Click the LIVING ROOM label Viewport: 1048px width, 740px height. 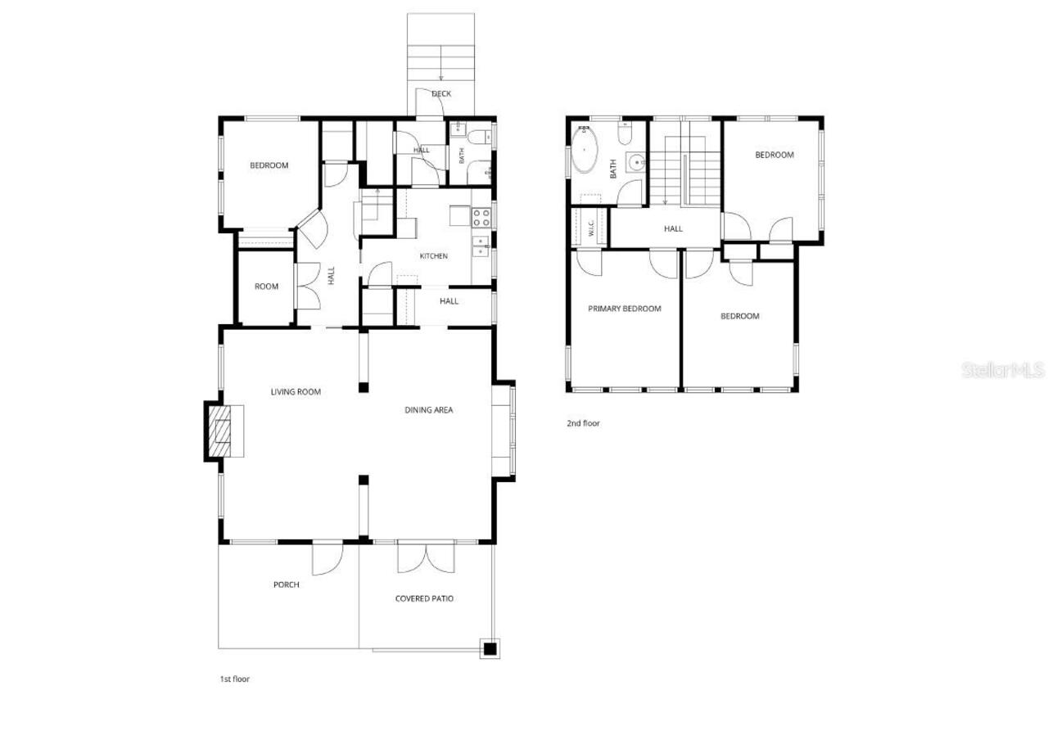(x=296, y=392)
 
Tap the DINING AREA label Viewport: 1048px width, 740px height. (x=428, y=410)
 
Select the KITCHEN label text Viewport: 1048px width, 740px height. (x=434, y=256)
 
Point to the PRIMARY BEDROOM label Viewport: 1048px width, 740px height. (x=625, y=309)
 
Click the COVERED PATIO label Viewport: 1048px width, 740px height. (x=424, y=598)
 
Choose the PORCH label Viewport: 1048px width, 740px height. (x=287, y=584)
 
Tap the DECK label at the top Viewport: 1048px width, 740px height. (x=441, y=94)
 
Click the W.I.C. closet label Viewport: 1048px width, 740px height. (x=591, y=228)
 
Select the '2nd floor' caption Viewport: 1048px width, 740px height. (x=583, y=423)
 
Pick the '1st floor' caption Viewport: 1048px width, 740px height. (x=235, y=679)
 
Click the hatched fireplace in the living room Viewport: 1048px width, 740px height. (x=219, y=431)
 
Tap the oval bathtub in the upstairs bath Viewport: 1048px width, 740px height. (x=585, y=150)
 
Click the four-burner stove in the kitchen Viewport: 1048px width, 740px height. (x=481, y=218)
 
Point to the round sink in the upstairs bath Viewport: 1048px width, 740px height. (x=637, y=162)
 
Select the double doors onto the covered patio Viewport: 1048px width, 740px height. (x=426, y=557)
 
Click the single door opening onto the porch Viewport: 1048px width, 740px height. (x=327, y=558)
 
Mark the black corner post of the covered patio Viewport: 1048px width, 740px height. (x=490, y=649)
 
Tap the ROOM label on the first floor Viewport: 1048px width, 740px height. (x=266, y=287)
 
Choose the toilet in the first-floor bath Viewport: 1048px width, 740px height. (x=479, y=137)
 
